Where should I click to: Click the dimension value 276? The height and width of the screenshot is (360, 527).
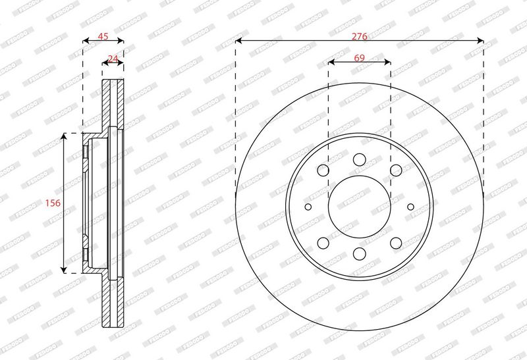click(x=359, y=36)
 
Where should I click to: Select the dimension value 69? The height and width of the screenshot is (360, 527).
click(x=359, y=58)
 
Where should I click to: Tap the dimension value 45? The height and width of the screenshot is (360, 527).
click(x=103, y=36)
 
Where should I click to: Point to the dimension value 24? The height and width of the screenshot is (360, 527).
click(x=113, y=59)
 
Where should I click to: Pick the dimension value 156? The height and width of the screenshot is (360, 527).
click(x=53, y=203)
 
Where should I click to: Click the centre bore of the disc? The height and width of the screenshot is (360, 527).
click(x=359, y=207)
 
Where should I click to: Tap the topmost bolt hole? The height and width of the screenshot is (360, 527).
click(x=359, y=159)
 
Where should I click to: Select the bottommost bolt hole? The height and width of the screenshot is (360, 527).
click(x=359, y=253)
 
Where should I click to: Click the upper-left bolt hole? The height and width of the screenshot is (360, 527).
click(x=323, y=170)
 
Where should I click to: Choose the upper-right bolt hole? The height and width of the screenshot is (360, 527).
click(x=396, y=170)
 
